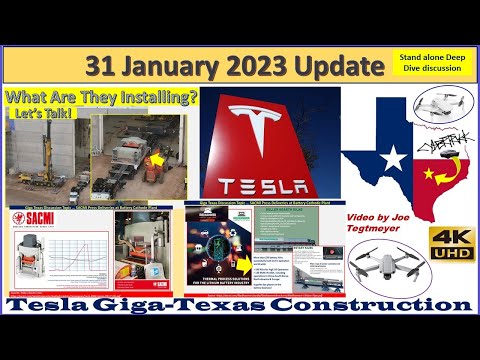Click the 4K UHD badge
coord(447,243)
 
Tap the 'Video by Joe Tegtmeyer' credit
coord(383,225)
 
